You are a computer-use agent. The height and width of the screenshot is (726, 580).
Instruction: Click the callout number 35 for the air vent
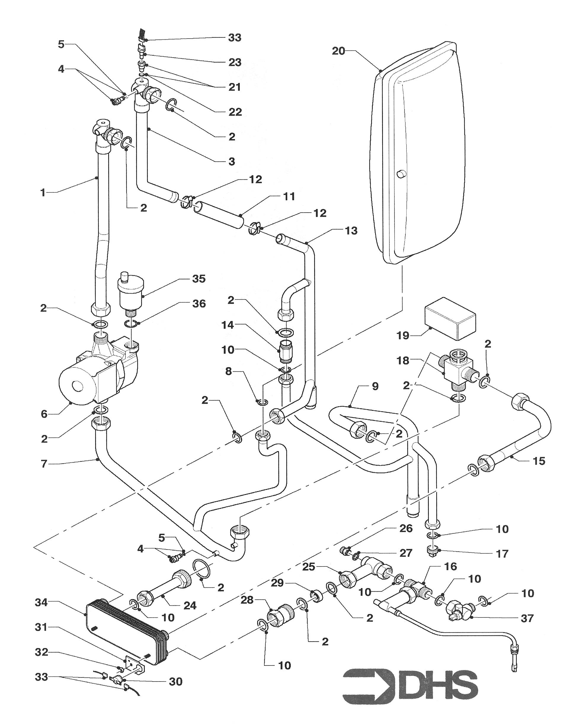click(x=199, y=279)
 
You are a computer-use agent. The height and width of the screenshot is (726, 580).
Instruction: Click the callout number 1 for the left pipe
click(x=43, y=192)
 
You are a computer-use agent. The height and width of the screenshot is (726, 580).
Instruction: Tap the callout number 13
click(x=351, y=231)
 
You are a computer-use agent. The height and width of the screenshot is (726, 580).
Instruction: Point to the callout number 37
click(x=527, y=618)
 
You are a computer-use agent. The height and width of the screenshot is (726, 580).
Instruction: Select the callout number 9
click(x=376, y=386)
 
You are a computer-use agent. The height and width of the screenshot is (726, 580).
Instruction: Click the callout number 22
click(x=235, y=112)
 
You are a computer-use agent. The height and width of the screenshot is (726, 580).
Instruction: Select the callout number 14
click(x=227, y=325)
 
